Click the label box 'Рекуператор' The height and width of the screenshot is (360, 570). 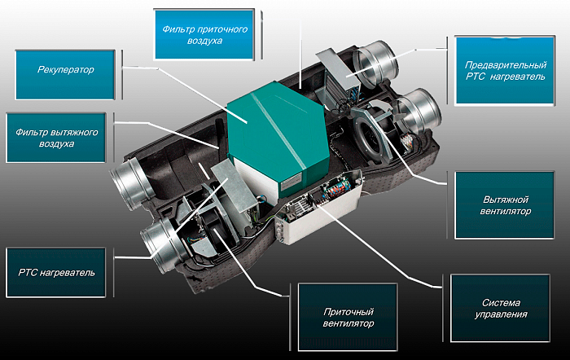tap(65, 75)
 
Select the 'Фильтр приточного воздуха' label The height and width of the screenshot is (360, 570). tap(204, 34)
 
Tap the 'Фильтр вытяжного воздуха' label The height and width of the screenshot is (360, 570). tap(56, 138)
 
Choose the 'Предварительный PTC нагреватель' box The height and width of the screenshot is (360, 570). tap(505, 71)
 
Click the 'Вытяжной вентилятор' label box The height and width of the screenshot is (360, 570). tap(505, 205)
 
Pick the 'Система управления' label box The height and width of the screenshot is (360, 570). tap(500, 309)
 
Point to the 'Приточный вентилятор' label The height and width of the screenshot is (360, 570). tap(348, 317)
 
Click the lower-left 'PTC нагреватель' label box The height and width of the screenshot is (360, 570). tap(56, 273)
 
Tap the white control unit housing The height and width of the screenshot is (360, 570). tap(318, 207)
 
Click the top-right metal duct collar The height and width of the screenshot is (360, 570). tap(375, 63)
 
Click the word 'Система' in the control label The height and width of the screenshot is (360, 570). tap(501, 302)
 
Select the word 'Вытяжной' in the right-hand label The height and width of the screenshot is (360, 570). tap(506, 200)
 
